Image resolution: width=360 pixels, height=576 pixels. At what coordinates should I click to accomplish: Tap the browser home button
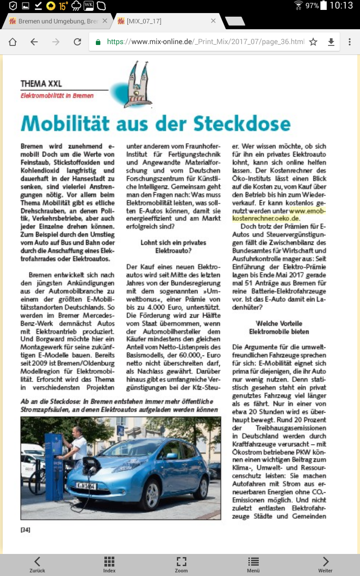[13, 42]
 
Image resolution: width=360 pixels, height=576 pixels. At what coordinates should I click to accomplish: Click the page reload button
[77, 42]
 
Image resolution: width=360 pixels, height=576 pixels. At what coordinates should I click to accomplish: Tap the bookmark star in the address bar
[313, 42]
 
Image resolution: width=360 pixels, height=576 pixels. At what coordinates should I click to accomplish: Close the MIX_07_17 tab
[213, 21]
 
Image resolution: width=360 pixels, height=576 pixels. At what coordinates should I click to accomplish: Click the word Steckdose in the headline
[243, 123]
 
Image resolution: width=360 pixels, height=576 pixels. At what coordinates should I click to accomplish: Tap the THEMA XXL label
[41, 84]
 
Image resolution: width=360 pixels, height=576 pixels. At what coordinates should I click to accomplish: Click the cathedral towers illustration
[138, 83]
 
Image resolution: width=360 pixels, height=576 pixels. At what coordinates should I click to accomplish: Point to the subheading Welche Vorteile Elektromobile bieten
[279, 327]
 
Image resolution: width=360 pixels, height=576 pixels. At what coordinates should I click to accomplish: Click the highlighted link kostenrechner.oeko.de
[265, 218]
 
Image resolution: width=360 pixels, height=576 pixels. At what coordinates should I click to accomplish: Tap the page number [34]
[26, 530]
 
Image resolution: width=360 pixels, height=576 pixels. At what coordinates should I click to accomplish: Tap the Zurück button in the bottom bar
[37, 564]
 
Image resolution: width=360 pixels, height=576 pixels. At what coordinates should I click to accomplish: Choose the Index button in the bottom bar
[109, 564]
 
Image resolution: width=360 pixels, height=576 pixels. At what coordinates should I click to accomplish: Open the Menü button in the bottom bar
[253, 564]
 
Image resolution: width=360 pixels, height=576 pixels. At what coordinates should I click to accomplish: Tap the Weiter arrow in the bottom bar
[325, 564]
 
